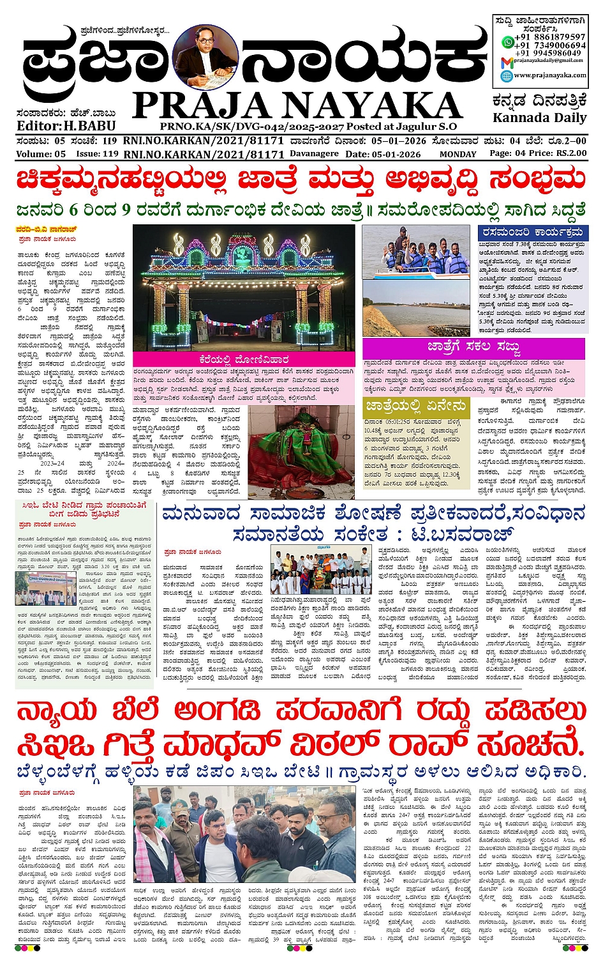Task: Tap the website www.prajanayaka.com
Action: tap(549, 75)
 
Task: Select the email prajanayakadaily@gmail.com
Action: tap(549, 62)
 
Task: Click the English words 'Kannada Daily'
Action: tap(539, 118)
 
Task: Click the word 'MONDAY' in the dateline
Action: tap(458, 154)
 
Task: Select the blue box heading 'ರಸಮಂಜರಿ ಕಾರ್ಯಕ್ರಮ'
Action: tap(532, 233)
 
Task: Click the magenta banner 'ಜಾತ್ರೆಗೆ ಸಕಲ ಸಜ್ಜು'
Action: tap(473, 348)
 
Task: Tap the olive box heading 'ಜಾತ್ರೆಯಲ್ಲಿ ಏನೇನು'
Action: tap(415, 407)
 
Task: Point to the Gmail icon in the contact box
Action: tap(507, 62)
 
